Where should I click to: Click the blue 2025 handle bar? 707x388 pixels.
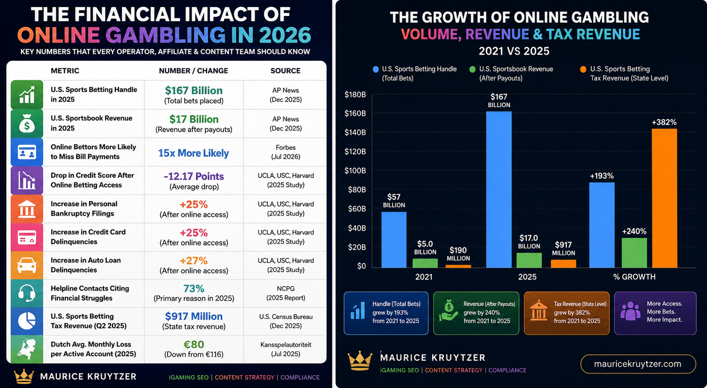point(499,190)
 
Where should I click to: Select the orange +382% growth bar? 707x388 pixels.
point(665,198)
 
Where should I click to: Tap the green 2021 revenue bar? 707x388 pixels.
point(425,263)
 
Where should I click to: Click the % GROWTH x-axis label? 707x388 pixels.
point(634,277)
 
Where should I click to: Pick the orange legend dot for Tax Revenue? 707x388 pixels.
point(583,69)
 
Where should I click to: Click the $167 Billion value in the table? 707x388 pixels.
point(194,91)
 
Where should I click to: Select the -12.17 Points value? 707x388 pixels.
point(194,176)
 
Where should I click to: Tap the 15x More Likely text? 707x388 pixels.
point(194,153)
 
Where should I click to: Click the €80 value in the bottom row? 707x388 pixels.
point(194,344)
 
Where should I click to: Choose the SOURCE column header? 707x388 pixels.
point(285,71)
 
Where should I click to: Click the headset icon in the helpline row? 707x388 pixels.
point(27,293)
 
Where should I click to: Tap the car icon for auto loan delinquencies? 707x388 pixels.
point(27,265)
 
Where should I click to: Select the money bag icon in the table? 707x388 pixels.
point(27,123)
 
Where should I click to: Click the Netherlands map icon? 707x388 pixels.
point(27,349)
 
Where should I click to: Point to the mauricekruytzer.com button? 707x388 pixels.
point(638,364)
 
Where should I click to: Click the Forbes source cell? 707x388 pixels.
point(285,152)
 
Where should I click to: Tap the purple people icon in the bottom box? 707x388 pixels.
point(630,311)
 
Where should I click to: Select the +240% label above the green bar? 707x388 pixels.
point(634,232)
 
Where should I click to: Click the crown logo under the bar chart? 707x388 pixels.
point(360,361)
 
